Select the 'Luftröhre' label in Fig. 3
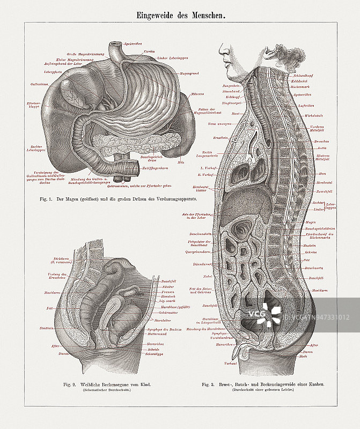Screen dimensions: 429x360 coord(306,106)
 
